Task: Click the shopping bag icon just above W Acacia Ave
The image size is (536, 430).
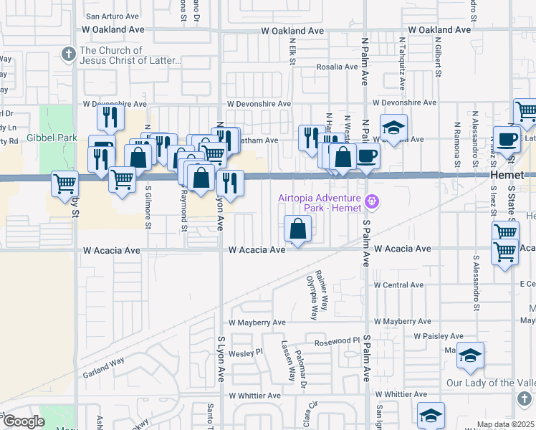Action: pos(297,230)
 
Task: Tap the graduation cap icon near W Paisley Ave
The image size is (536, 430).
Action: pos(470,356)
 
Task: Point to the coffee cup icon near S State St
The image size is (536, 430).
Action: pos(507,140)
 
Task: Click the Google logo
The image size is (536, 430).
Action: pos(23,421)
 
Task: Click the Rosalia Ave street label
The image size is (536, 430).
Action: pos(337,67)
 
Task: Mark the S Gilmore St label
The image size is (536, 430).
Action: pos(148,208)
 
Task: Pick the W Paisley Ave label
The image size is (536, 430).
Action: pos(439,335)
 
